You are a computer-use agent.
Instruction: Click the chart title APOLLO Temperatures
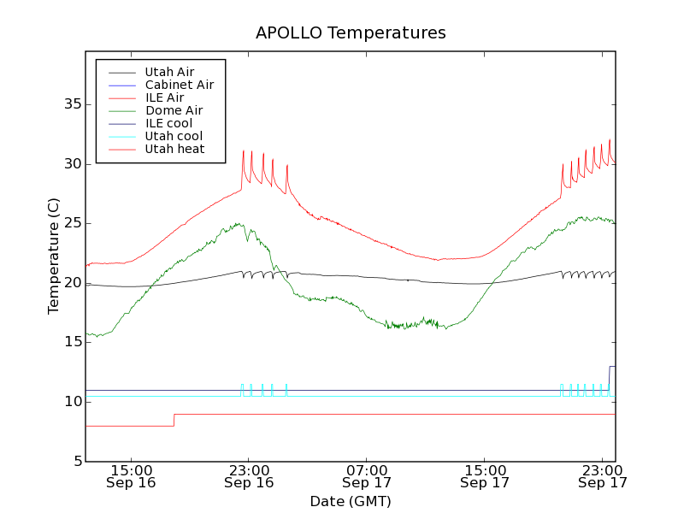pos(351,33)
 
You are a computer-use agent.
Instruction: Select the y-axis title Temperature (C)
pos(54,256)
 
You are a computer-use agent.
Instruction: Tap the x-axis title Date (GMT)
pos(351,501)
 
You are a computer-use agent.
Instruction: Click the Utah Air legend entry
pos(169,72)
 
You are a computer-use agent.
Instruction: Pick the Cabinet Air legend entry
pos(179,85)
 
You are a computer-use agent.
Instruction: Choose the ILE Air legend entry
pos(164,97)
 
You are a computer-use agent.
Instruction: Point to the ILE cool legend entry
pos(168,123)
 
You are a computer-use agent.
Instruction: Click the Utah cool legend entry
pos(174,136)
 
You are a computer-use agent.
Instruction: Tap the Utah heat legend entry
pos(174,149)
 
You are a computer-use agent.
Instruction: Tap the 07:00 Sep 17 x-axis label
pos(367,475)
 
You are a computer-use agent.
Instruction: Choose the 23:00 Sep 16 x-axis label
pos(249,475)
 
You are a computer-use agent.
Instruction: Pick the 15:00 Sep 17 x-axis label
pos(485,475)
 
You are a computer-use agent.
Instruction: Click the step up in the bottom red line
pos(174,420)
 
